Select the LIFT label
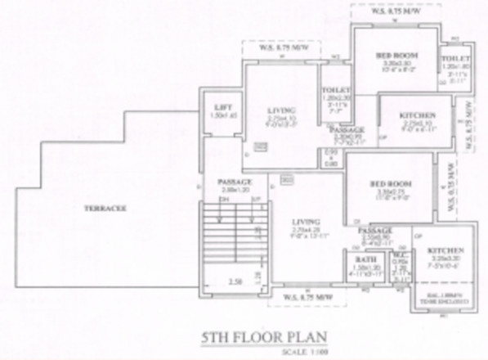(220, 108)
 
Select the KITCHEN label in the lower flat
(445, 249)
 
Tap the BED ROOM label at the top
(397, 55)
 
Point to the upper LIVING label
(283, 109)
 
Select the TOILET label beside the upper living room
(336, 88)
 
